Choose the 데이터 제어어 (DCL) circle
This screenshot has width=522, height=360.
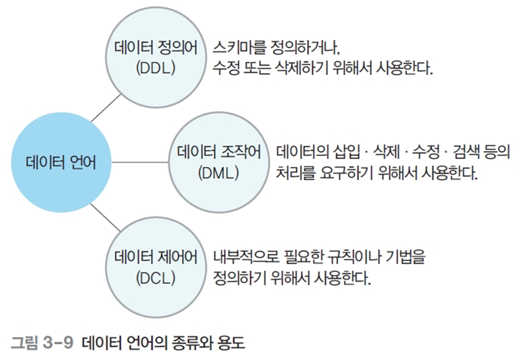click(156, 266)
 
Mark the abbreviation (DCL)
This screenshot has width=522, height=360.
click(156, 278)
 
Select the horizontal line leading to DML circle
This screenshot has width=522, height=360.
click(141, 162)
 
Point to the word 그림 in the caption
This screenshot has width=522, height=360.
click(24, 344)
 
